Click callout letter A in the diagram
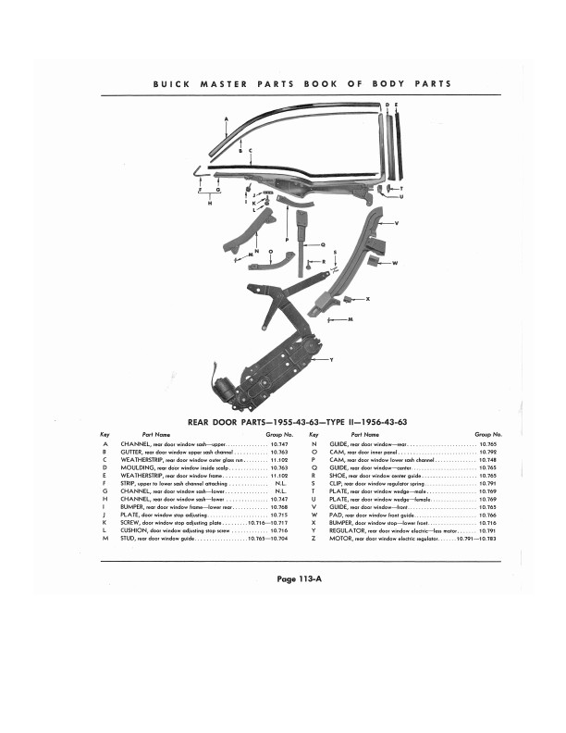click(227, 118)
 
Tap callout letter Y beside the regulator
click(331, 359)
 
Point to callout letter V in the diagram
click(397, 224)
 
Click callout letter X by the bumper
click(367, 299)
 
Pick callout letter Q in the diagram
click(323, 245)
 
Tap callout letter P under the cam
click(287, 240)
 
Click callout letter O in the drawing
click(270, 251)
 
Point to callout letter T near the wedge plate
click(401, 188)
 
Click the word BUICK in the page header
click(168, 83)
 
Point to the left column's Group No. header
click(280, 433)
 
